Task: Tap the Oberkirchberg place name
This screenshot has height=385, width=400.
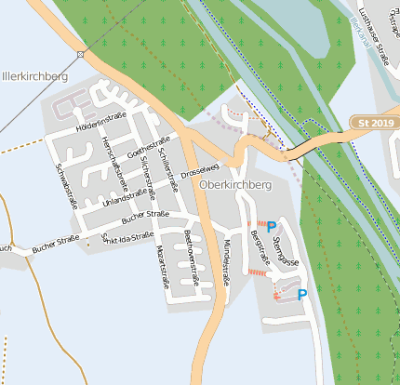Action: (234, 185)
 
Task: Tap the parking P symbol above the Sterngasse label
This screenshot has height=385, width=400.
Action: (271, 226)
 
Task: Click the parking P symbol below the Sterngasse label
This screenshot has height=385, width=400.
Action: (301, 295)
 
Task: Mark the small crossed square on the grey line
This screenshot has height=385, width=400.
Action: (81, 55)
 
